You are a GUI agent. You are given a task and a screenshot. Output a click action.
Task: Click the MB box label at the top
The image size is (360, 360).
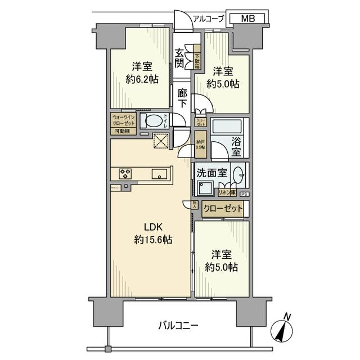(x=248, y=19)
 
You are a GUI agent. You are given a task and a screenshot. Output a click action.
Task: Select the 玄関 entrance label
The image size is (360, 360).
(x=179, y=62)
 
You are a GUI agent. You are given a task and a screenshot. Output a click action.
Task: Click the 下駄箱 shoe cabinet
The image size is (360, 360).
(x=197, y=56)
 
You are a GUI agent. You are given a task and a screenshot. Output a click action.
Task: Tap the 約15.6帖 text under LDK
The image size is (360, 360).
(x=153, y=239)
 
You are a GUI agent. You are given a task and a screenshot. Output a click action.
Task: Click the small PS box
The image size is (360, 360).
(x=244, y=195)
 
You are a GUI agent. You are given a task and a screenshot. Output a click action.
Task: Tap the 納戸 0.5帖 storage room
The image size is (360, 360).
(x=200, y=144)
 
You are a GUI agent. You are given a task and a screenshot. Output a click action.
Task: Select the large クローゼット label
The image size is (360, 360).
(x=223, y=209)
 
